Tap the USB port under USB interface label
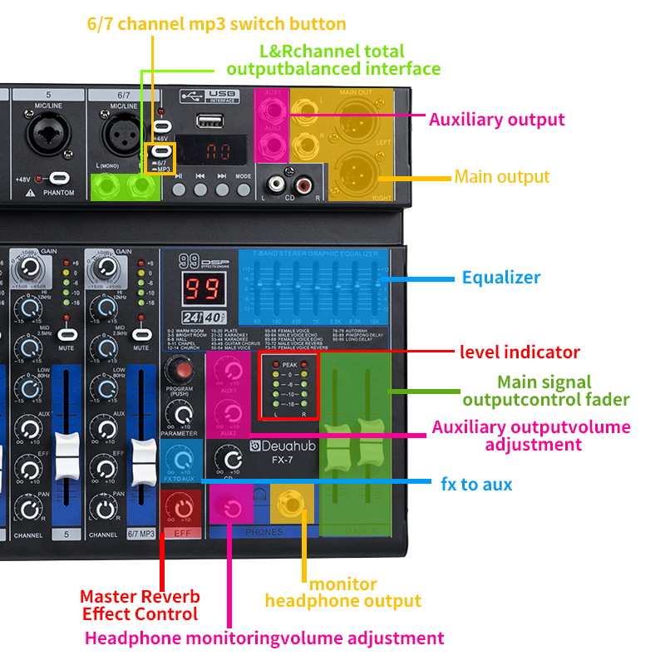click(211, 121)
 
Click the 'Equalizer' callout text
click(501, 278)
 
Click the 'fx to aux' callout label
click(475, 483)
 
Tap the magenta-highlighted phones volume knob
click(232, 508)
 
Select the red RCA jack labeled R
click(304, 181)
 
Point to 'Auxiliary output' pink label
click(496, 120)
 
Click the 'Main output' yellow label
click(501, 177)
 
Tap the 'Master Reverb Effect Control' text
click(139, 605)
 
